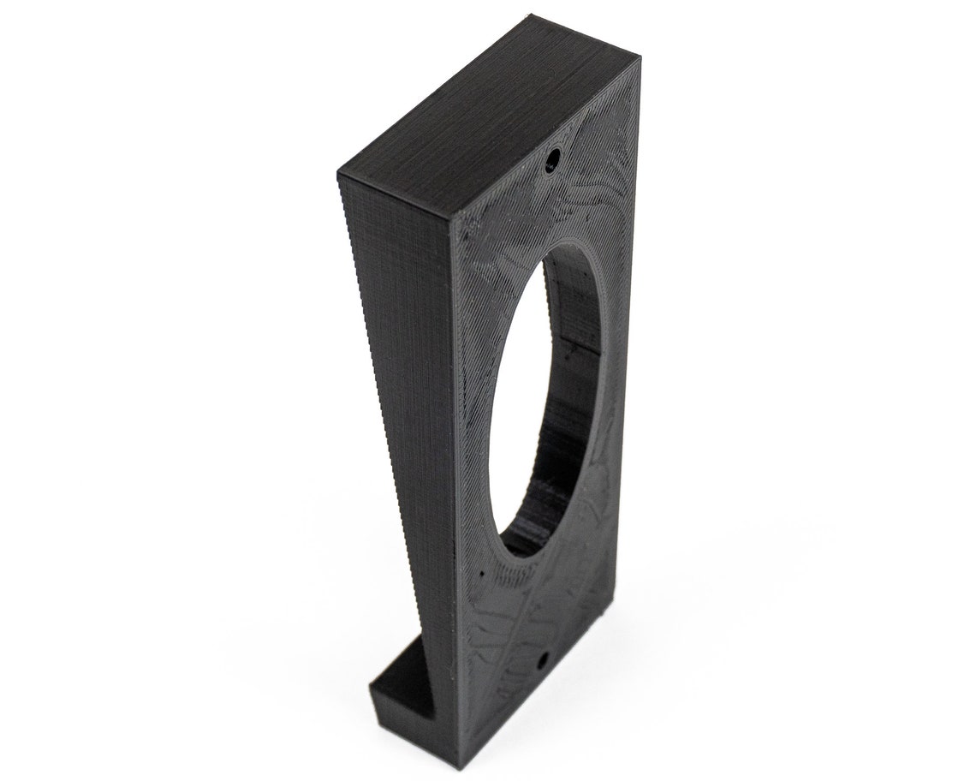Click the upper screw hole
554,158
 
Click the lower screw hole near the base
543,661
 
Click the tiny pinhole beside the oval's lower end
481,572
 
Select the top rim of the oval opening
582,248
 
